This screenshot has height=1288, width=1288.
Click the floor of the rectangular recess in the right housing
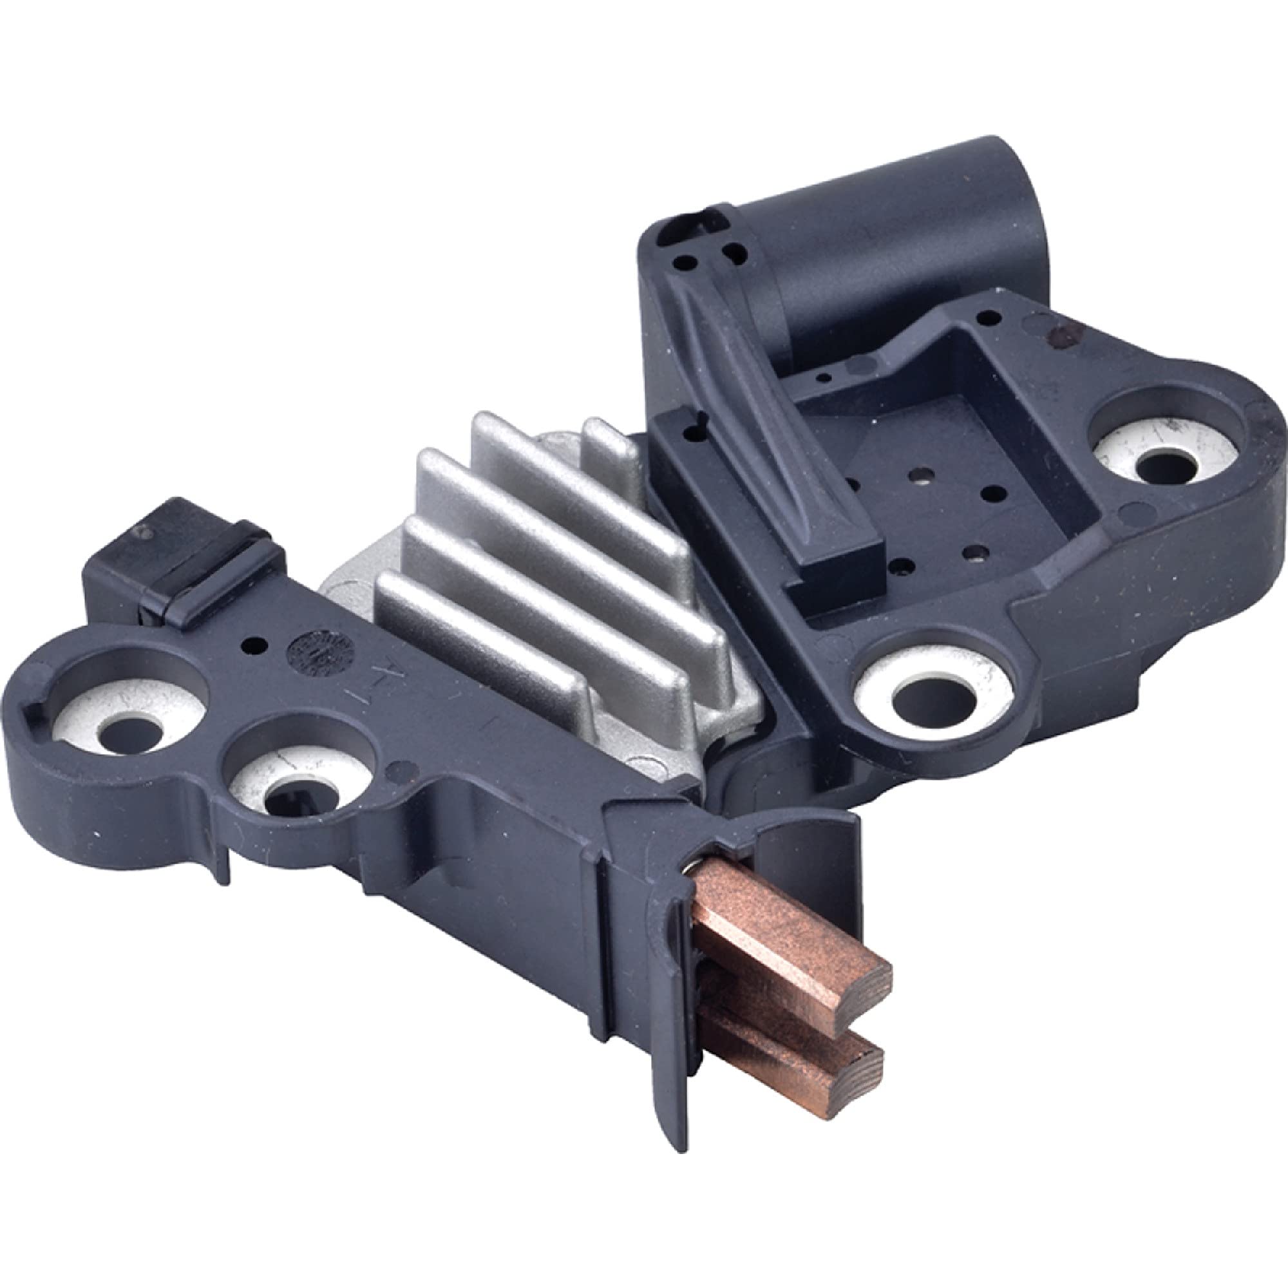pos(933,467)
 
